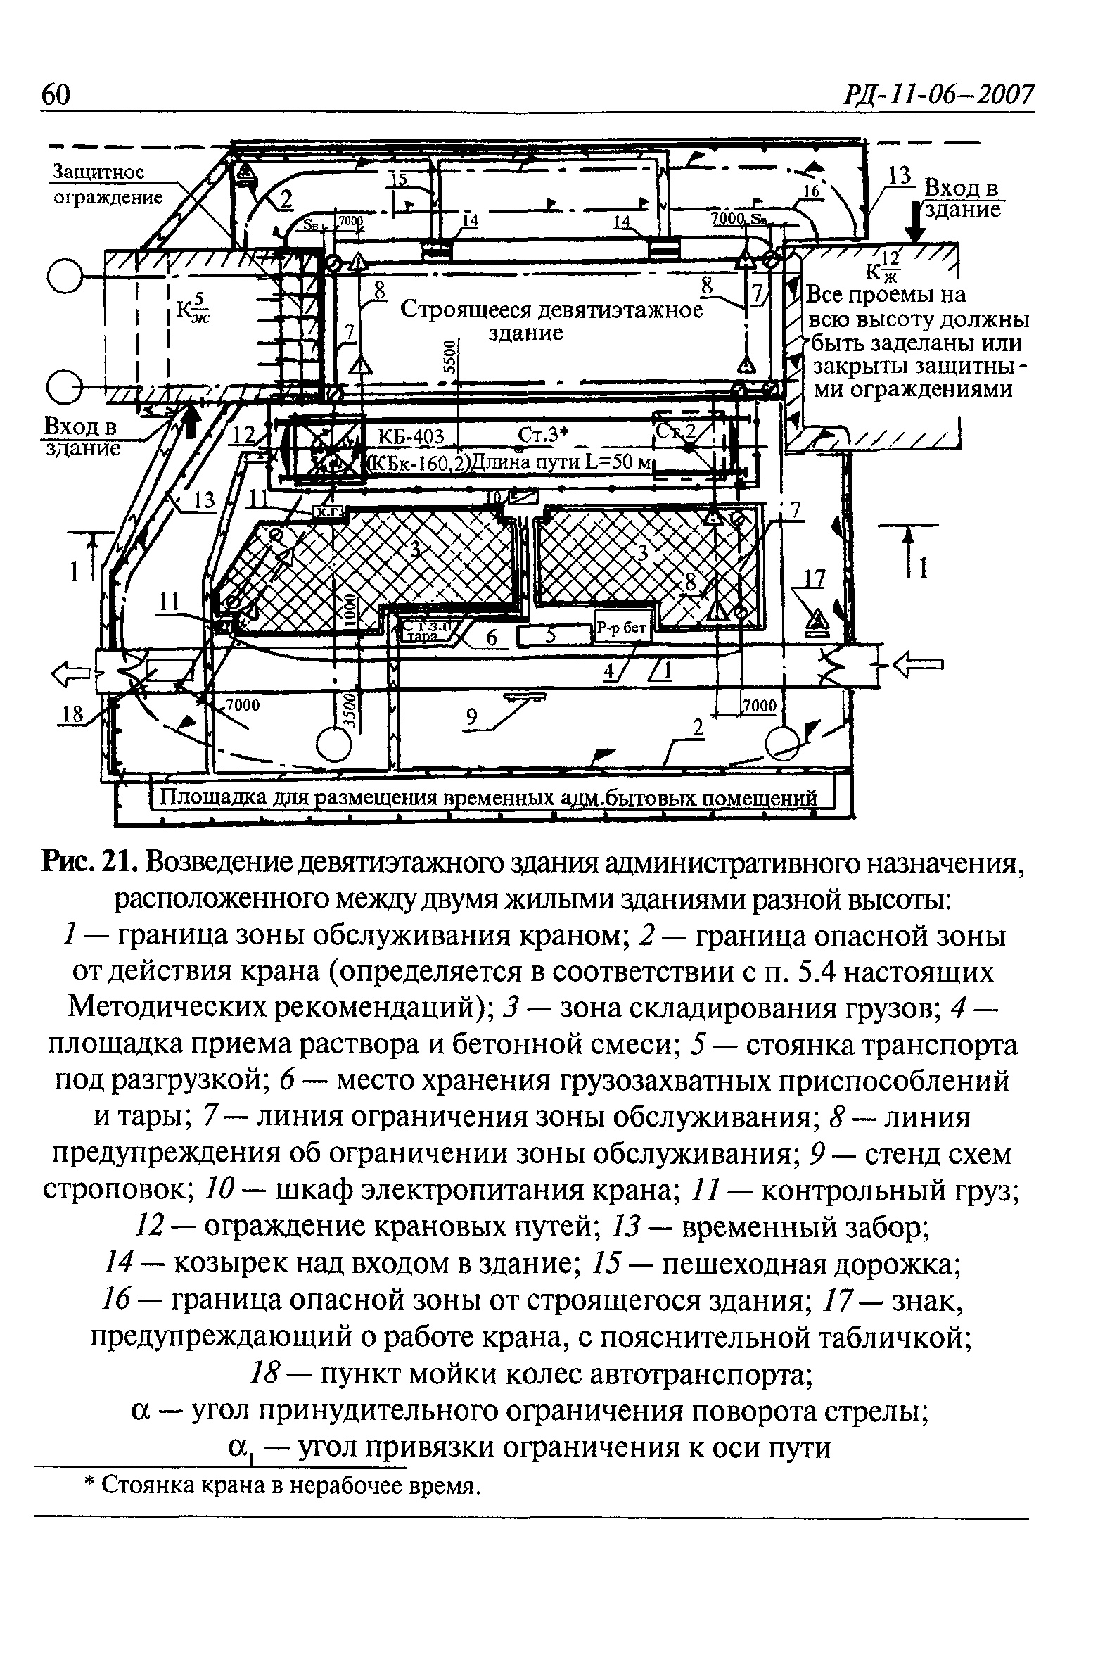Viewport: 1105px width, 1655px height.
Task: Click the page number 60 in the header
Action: click(x=56, y=94)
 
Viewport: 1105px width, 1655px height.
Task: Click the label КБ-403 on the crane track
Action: click(x=411, y=437)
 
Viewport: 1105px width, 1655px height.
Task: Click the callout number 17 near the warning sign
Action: click(x=814, y=578)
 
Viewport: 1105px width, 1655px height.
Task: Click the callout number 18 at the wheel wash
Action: click(x=72, y=715)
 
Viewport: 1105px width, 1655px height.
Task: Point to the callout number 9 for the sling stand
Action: click(x=471, y=718)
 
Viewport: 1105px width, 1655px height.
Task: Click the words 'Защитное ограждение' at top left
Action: click(x=106, y=184)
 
